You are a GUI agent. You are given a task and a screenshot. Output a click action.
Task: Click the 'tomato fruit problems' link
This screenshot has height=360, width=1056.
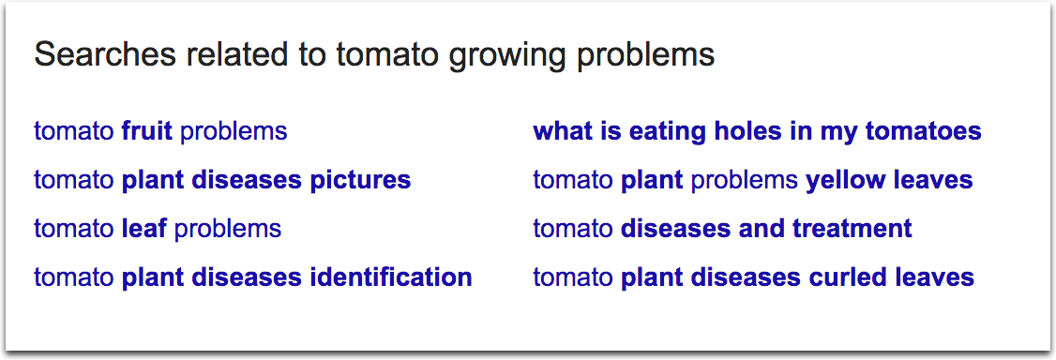pos(160,131)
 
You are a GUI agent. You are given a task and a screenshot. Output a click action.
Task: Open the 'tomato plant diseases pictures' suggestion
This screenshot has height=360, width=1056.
pos(222,180)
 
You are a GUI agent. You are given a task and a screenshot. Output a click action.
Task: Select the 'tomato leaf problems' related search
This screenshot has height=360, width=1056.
pos(158,229)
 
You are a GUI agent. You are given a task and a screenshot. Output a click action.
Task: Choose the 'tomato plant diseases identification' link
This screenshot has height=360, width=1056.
pos(252,277)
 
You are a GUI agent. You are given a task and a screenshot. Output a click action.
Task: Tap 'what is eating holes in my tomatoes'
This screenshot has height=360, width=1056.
pos(757,131)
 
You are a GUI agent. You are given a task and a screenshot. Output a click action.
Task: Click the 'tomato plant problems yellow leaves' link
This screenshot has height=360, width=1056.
pos(752,180)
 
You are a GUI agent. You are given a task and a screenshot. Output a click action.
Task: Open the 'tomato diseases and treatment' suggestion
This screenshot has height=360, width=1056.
pos(722,229)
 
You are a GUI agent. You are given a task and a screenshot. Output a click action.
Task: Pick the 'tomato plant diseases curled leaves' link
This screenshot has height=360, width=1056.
pos(753,277)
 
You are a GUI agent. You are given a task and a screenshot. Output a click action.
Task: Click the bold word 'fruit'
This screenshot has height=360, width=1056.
pos(147,131)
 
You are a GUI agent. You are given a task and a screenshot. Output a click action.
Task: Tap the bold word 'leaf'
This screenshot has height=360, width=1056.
pos(144,229)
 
